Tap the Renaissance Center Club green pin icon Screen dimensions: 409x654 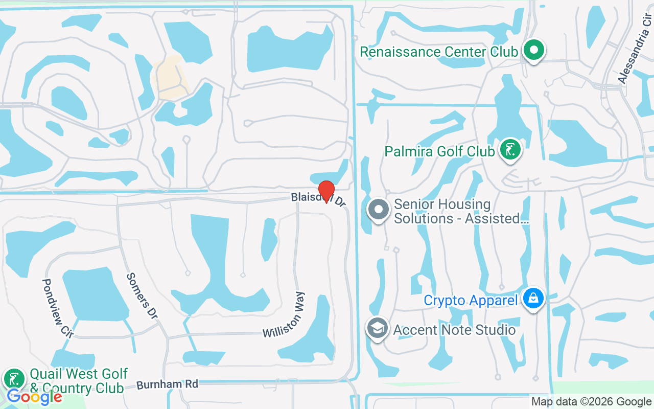[x=534, y=51]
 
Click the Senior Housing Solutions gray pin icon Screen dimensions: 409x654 [x=379, y=210]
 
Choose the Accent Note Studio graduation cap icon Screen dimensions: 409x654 [x=378, y=328]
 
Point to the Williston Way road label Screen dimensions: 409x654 [x=284, y=315]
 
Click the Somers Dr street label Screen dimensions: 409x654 [x=142, y=296]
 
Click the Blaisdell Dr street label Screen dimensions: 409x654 [x=318, y=199]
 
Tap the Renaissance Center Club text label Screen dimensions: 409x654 [x=439, y=52]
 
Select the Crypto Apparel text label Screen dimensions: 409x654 [x=471, y=300]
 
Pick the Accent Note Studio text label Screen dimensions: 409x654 [x=454, y=330]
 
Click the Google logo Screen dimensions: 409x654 [x=34, y=397]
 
